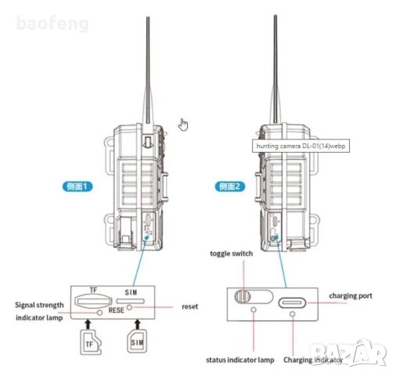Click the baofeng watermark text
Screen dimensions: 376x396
(x=49, y=23)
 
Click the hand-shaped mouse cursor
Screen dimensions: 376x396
(x=184, y=125)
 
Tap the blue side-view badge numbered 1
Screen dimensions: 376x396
(x=77, y=186)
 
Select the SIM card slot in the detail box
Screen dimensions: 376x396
(x=131, y=300)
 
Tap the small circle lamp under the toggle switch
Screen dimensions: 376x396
(x=253, y=310)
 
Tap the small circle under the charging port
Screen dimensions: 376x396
(x=293, y=313)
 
